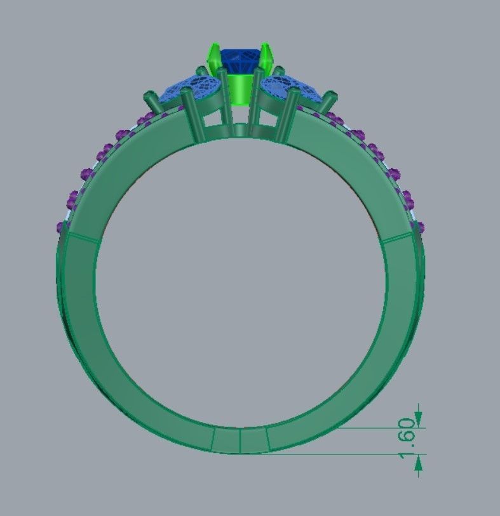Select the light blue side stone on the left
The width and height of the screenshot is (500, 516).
tap(191, 88)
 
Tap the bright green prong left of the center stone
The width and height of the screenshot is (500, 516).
tap(213, 57)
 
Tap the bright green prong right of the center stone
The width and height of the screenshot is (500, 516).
tap(267, 57)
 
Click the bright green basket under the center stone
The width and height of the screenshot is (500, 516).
tap(240, 89)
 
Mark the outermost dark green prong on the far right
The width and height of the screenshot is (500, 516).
tap(328, 102)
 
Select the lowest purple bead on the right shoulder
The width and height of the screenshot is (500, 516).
tap(421, 227)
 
